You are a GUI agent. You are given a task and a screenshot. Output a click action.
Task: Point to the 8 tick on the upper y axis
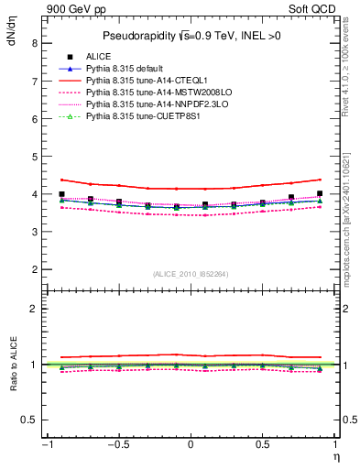pyautogui.click(x=34, y=43)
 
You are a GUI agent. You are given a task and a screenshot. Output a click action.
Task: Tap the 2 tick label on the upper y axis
pyautogui.click(x=34, y=270)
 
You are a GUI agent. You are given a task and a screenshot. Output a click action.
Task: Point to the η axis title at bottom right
pyautogui.click(x=336, y=456)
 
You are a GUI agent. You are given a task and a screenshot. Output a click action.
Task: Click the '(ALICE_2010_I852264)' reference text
pyautogui.click(x=191, y=274)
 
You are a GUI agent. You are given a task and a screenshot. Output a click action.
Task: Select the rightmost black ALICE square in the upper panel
pyautogui.click(x=320, y=194)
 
